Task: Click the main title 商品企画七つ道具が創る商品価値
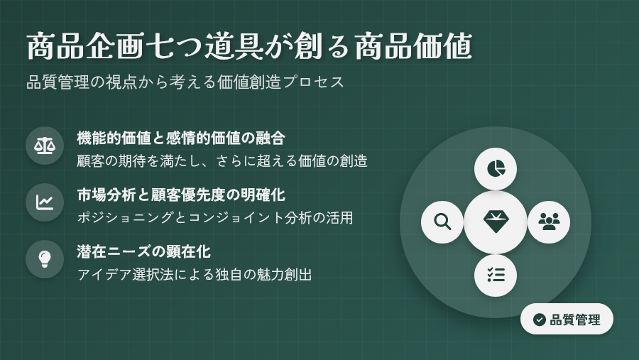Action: pos(249,46)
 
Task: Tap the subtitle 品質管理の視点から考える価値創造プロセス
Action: pos(185,82)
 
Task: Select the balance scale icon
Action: pos(45,146)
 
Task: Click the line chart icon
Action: pos(45,202)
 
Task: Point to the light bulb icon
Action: pos(45,259)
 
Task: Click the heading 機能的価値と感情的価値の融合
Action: pos(181,138)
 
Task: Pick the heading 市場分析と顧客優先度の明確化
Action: pos(181,195)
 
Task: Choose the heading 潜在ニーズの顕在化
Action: pos(144,251)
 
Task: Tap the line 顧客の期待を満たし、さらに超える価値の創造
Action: pos(222,161)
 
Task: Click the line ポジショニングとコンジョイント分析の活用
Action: pos(215,217)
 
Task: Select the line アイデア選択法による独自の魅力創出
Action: pos(195,274)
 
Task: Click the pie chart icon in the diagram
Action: pos(496,169)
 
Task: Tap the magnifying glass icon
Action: pos(442,222)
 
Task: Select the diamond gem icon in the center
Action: pos(496,222)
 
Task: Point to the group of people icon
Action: pos(549,222)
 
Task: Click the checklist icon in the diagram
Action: pos(496,276)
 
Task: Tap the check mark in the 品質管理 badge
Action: pos(539,320)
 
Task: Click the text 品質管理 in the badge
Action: pos(575,320)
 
